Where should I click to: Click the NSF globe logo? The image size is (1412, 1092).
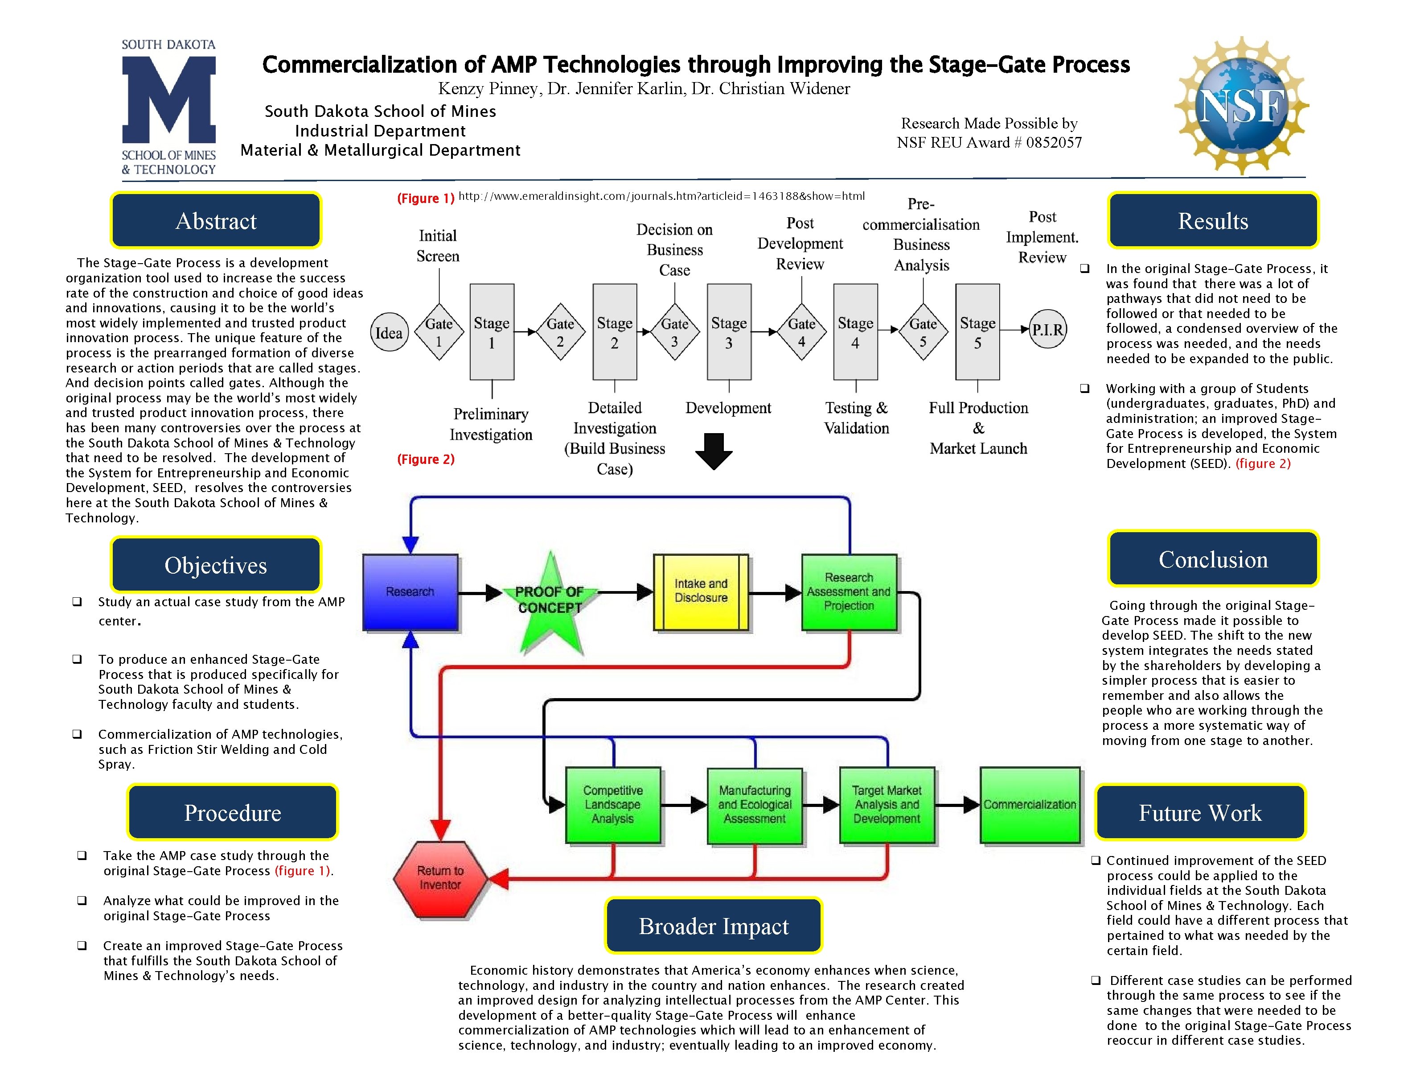coord(1241,105)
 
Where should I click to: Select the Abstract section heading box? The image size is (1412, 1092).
coord(216,221)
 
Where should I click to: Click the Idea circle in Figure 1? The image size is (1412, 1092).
coord(389,332)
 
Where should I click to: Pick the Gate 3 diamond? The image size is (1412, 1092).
coord(674,331)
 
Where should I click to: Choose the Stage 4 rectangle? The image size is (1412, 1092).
coord(855,331)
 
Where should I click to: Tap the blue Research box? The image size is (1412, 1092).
coord(410,592)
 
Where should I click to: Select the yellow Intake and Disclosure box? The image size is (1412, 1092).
coord(701,591)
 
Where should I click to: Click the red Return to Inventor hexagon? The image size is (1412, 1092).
coord(440,878)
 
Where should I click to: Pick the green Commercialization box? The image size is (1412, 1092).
coord(1030,805)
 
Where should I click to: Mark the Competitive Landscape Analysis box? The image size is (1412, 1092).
coord(613,805)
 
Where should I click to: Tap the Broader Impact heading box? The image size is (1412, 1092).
coord(714,926)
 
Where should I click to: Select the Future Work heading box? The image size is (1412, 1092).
coord(1200,812)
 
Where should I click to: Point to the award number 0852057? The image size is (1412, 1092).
coord(1054,142)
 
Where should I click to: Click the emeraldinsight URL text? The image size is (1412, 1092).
coord(661,196)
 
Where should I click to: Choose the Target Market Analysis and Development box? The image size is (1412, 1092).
coord(887,805)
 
